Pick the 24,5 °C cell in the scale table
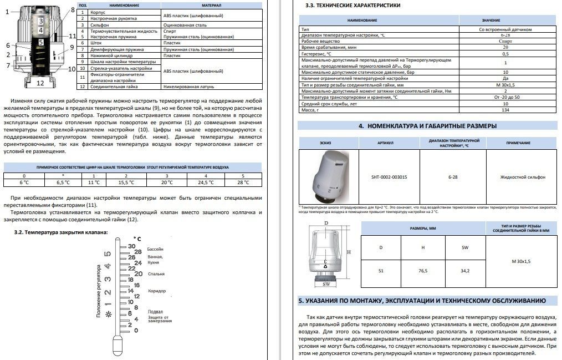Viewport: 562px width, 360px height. pos(206,182)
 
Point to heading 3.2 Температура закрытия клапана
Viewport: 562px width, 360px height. pos(61,232)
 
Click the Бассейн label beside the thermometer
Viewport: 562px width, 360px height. pos(155,249)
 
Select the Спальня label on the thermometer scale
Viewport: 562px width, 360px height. pos(156,274)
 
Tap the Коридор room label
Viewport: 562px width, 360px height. pos(157,291)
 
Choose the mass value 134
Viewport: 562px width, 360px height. pos(505,110)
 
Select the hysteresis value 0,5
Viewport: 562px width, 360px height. pos(505,54)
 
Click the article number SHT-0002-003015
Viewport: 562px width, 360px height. pos(389,177)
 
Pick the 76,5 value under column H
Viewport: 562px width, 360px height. pos(423,270)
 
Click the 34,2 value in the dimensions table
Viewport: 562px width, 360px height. pos(464,270)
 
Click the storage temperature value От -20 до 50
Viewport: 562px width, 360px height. pos(505,97)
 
